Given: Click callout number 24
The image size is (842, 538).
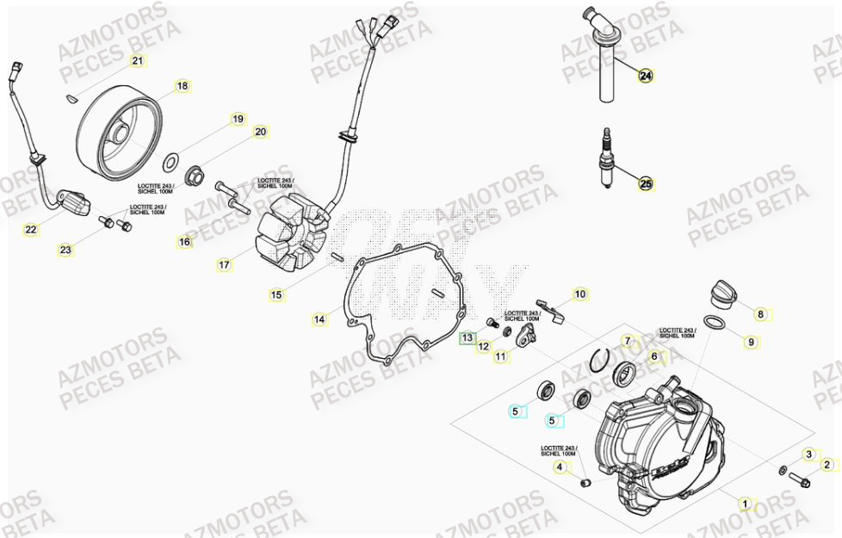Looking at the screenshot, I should coord(645,76).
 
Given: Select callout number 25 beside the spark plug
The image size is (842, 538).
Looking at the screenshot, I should coord(645,183).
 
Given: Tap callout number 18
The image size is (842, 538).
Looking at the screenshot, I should coord(182,86).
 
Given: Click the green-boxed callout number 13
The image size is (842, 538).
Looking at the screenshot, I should coord(466,339).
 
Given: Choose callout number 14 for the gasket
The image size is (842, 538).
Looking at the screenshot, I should coord(319,320).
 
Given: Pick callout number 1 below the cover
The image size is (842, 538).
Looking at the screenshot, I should coord(746,504).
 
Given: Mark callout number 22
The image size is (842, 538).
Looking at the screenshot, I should coord(31,230).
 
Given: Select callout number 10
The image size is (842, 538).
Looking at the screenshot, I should coord(580,294).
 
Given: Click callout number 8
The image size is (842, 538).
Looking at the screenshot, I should coord(760,314).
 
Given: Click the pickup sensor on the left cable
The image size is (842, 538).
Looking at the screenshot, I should coord(75,204).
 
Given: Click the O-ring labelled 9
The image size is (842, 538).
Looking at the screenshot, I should coord(714,323).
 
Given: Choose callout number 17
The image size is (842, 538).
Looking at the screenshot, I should coord(224,265).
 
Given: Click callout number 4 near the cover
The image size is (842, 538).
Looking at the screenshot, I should coord(560,468).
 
